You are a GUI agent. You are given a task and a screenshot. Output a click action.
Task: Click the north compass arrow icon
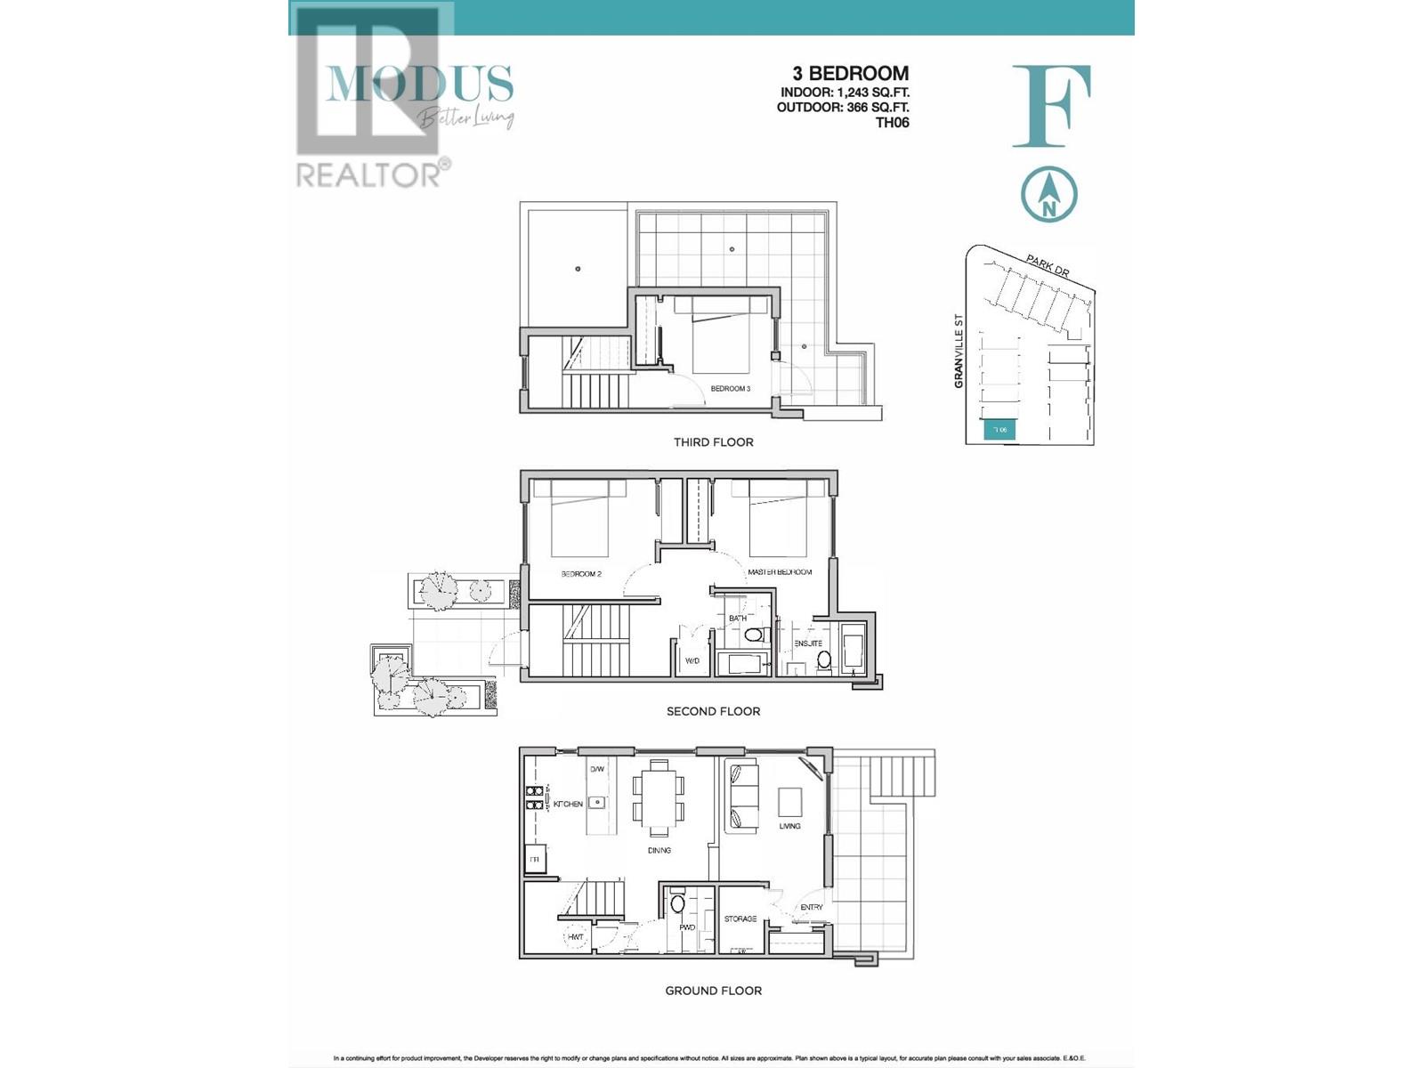tap(1049, 195)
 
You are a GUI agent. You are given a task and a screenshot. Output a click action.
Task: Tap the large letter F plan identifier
tap(1052, 106)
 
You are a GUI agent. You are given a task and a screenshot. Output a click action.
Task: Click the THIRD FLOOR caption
tap(713, 442)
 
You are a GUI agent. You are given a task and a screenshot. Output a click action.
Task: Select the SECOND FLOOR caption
tap(713, 711)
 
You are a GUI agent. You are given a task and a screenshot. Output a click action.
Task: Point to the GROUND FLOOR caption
tap(713, 991)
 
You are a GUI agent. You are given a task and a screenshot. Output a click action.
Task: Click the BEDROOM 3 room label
tap(730, 389)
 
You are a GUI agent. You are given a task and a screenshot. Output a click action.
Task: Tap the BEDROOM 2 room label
tap(581, 574)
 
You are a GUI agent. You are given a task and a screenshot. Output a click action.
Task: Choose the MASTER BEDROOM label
tap(780, 572)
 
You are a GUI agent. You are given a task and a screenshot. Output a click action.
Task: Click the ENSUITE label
tap(808, 643)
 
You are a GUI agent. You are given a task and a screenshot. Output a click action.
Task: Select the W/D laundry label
tap(692, 661)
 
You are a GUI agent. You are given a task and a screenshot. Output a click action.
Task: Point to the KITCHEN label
tap(568, 805)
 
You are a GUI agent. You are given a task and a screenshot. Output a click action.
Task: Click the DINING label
tap(659, 851)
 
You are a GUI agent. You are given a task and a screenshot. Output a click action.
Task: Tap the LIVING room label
tap(789, 826)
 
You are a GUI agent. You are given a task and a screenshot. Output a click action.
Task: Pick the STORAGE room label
tap(740, 919)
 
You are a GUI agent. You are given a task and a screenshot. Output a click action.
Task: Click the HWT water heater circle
tap(576, 937)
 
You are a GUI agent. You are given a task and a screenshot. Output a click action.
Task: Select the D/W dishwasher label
tap(596, 769)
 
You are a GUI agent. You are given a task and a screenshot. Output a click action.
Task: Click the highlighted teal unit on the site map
tap(999, 431)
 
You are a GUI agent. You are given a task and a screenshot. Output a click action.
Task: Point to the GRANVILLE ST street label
tap(959, 351)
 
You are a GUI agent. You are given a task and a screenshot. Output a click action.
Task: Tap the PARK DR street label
tap(1047, 265)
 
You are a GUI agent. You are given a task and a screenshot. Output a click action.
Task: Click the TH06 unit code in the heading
tap(892, 123)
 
